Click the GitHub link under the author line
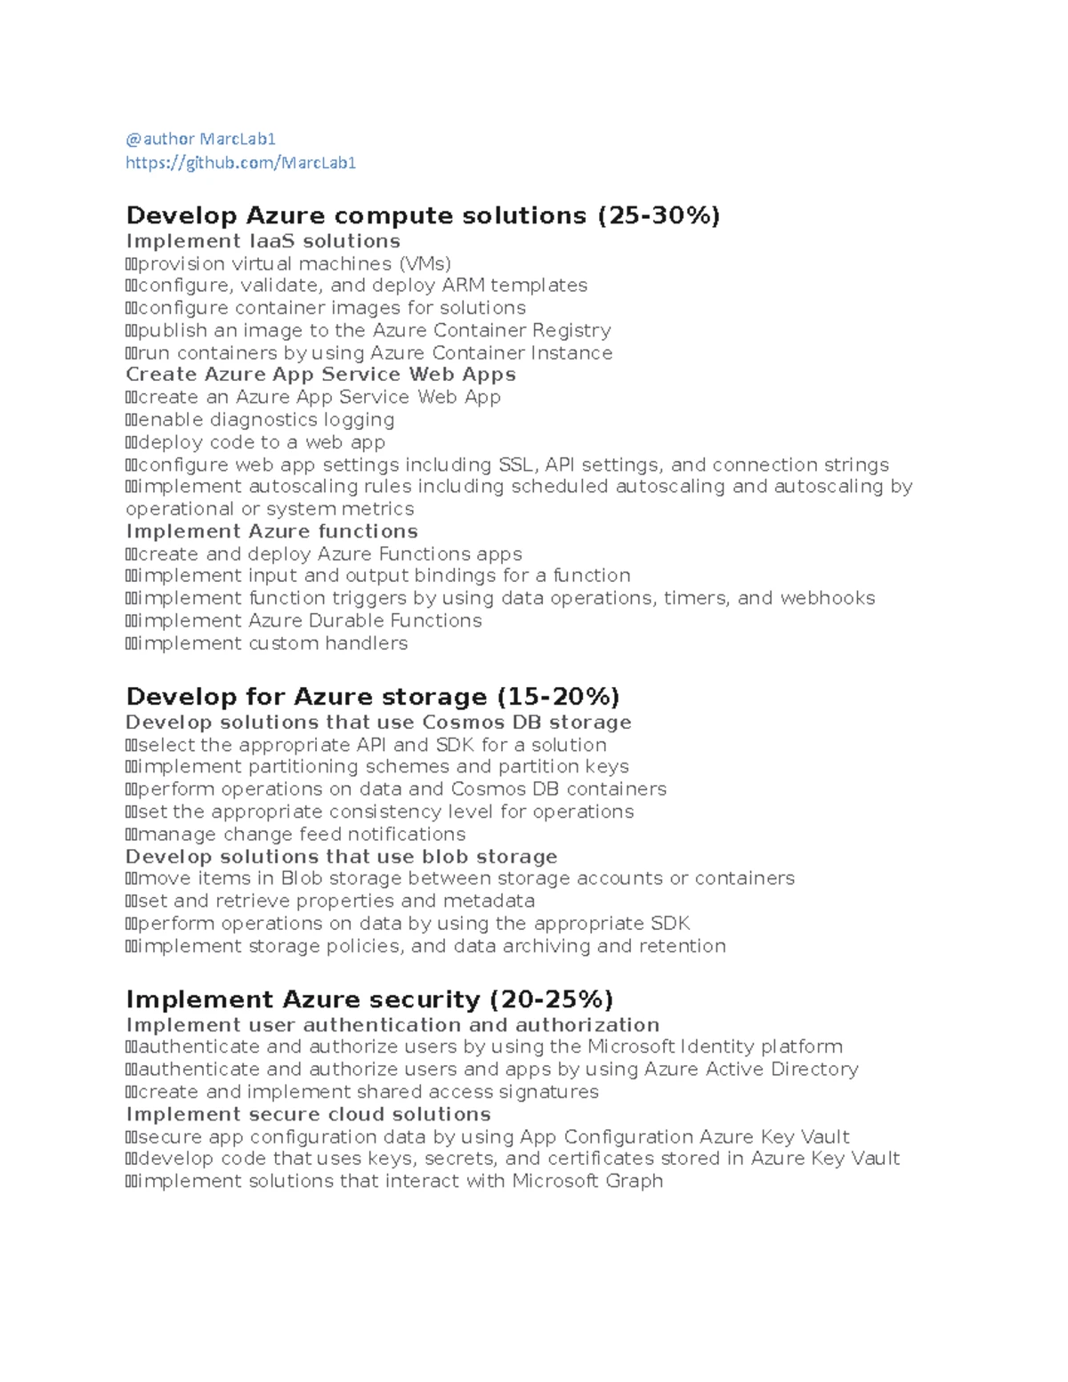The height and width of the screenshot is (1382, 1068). pyautogui.click(x=240, y=162)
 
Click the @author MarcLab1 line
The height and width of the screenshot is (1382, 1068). pyautogui.click(x=200, y=139)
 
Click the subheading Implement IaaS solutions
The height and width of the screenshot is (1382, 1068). pyautogui.click(x=263, y=241)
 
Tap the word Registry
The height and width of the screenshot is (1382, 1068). pyautogui.click(x=571, y=330)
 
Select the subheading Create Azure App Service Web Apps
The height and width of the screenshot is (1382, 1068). pyautogui.click(x=320, y=375)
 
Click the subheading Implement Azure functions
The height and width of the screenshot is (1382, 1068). pyautogui.click(x=271, y=531)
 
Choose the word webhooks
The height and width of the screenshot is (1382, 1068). pyautogui.click(x=827, y=598)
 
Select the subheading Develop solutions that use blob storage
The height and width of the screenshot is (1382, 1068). pyautogui.click(x=341, y=856)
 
